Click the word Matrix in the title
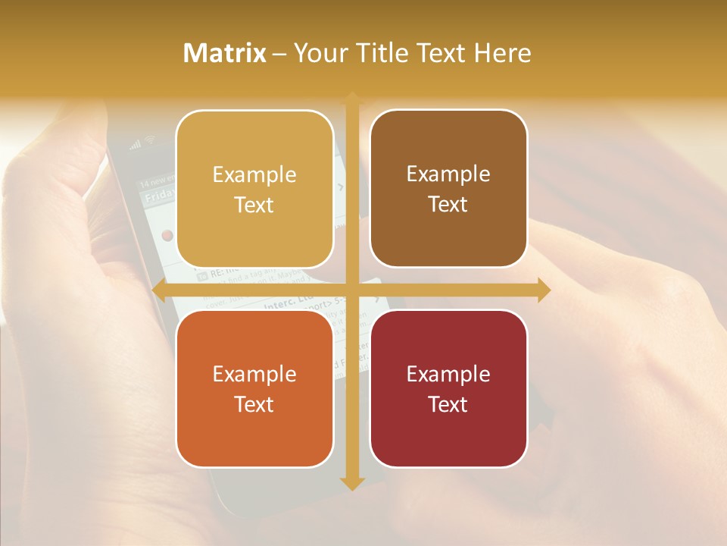point(225,53)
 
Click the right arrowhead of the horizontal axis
point(543,290)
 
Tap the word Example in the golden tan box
point(254,174)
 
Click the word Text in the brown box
point(448,205)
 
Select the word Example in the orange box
point(254,374)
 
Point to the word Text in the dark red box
point(448,404)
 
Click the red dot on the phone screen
point(167,236)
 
